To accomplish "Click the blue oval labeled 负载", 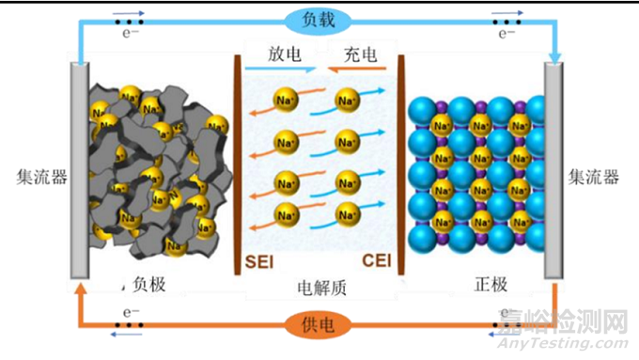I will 319,19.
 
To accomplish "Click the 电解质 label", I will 319,287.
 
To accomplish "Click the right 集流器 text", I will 598,177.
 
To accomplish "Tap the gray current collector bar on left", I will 80,169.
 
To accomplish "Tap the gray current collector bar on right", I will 554,169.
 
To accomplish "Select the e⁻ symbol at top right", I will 507,33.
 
